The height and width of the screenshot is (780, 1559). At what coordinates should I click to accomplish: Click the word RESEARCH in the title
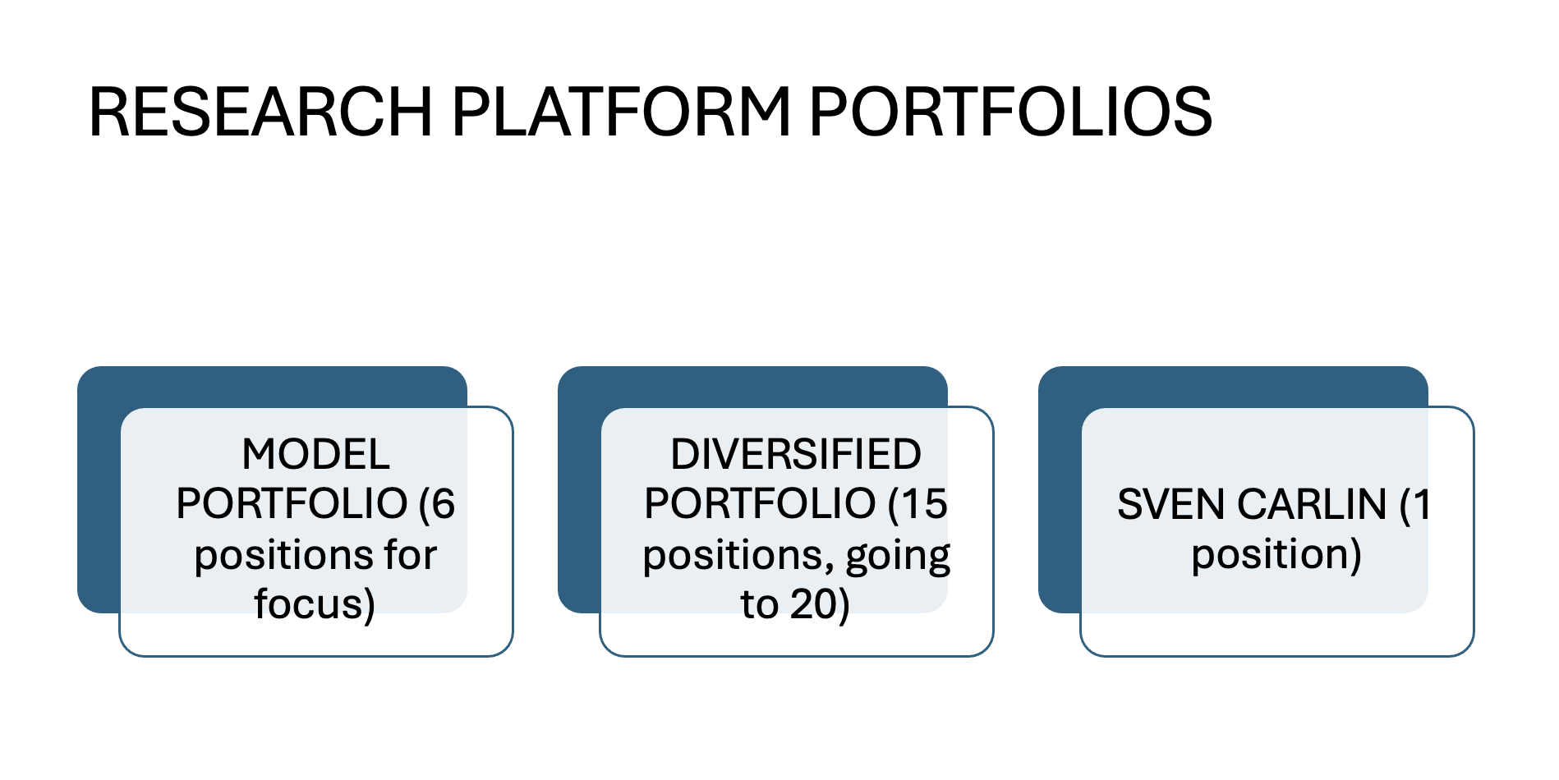pos(260,112)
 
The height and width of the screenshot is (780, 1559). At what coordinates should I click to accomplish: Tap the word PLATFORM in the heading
pos(621,112)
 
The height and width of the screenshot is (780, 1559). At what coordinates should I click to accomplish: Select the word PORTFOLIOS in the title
pos(1011,112)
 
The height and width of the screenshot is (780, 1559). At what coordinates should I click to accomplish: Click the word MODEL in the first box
pos(315,454)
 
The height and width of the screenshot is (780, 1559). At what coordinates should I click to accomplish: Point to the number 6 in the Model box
pos(444,503)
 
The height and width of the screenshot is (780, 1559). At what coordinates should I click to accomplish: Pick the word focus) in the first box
pos(315,603)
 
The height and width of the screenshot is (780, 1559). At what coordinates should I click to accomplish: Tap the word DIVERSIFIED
pos(796,454)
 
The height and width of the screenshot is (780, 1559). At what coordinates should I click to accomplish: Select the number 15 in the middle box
pos(926,503)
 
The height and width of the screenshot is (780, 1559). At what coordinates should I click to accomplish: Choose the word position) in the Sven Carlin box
pos(1276,555)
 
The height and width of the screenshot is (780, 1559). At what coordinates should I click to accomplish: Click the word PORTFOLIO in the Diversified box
pos(760,503)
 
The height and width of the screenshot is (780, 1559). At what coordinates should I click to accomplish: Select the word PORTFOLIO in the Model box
pos(292,503)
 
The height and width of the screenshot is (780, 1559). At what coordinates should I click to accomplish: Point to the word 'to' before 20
pos(759,604)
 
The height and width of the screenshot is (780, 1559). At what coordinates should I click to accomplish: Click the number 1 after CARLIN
pos(1422,504)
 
